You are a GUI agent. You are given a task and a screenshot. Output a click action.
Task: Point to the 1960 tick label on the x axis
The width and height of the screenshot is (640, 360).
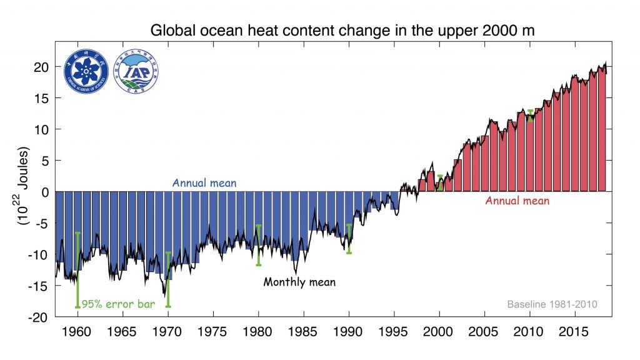coord(77,330)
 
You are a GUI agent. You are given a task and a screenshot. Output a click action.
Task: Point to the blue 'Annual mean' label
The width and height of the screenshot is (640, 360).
coord(204,184)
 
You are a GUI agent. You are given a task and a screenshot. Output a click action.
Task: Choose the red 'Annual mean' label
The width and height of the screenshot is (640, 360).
coord(517,201)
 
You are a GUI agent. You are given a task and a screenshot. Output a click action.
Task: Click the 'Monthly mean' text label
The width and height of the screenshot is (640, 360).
coord(299,282)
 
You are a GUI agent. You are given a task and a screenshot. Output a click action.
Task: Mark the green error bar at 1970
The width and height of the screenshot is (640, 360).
coord(168,279)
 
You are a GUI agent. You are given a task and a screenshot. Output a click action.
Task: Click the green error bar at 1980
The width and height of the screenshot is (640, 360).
coord(258,245)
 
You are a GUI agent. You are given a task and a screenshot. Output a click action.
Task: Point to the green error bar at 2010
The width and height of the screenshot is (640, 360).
coord(530,116)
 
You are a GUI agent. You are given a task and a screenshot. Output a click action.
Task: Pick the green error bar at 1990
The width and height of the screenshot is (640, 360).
coord(349,239)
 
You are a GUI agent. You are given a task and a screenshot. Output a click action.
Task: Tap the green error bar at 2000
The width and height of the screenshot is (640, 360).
coord(439,182)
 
